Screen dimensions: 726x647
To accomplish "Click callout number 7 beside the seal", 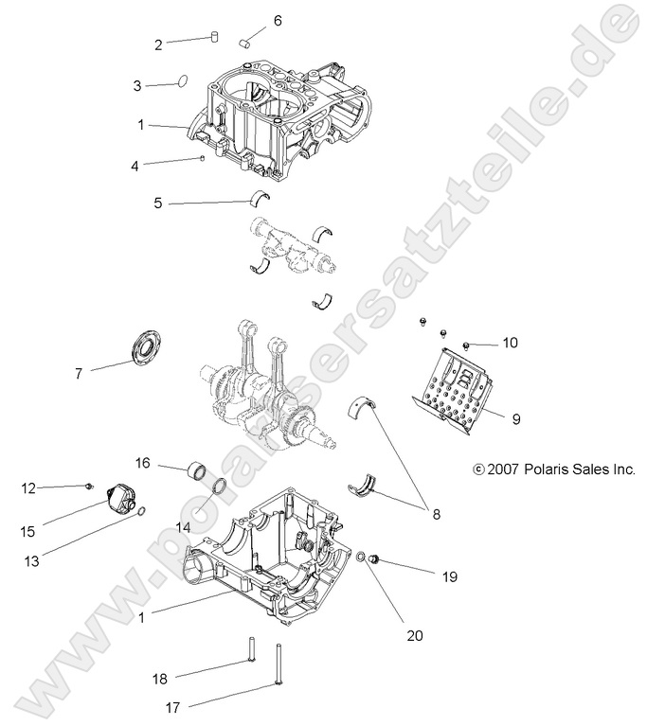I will (79, 374).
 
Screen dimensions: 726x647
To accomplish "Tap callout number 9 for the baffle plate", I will (516, 417).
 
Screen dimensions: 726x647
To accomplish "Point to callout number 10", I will (510, 344).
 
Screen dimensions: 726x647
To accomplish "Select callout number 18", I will (160, 679).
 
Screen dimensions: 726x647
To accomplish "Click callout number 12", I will (29, 488).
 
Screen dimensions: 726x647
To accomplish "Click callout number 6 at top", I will (251, 20).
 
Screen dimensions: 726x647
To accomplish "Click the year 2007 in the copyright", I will (503, 469).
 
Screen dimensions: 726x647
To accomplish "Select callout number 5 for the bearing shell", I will (159, 203).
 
